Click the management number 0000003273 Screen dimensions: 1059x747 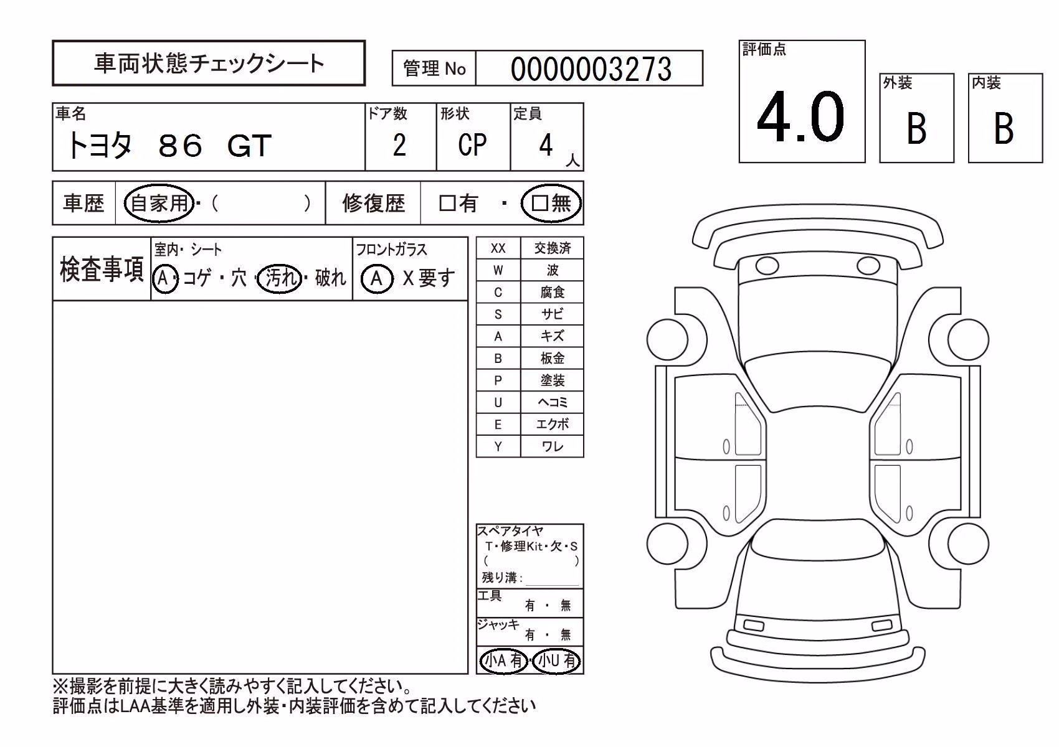[591, 69]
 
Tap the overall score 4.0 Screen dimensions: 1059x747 [800, 116]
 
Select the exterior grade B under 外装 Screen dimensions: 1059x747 [917, 128]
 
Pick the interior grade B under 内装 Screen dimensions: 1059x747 [1004, 128]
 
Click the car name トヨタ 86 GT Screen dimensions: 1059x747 [169, 145]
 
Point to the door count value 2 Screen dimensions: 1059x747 [399, 144]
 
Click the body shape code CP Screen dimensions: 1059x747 [472, 144]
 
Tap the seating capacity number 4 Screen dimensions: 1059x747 [546, 144]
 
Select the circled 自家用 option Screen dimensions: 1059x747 [159, 203]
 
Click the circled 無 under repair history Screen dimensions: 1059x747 [551, 203]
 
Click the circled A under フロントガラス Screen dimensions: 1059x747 [376, 278]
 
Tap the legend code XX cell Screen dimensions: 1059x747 [498, 248]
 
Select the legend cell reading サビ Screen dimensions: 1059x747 [552, 314]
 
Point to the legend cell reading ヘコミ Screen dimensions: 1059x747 [552, 403]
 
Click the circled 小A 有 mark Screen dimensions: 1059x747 [503, 661]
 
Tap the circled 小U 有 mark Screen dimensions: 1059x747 [556, 661]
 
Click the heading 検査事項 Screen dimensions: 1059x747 [102, 270]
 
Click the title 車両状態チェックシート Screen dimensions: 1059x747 [209, 63]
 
